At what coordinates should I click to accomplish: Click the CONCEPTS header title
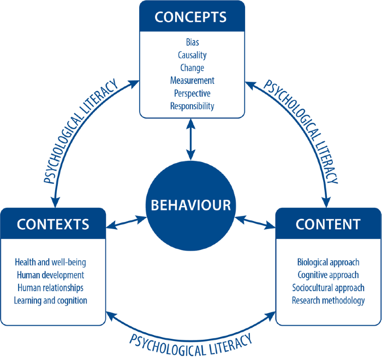pos(190,16)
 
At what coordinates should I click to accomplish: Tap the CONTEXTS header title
pos(53,224)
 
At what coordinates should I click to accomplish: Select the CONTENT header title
pos(328,224)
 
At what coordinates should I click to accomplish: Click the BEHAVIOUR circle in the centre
pos(190,206)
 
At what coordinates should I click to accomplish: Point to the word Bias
pos(192,42)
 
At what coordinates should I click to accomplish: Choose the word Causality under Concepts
pos(192,55)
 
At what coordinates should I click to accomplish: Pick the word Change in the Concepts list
pos(192,68)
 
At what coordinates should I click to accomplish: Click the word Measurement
pos(192,81)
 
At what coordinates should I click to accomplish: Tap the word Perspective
pos(192,93)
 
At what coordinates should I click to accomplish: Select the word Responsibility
pos(192,106)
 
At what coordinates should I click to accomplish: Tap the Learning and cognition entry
pos(51,300)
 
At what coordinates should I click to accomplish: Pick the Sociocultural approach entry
pos(328,287)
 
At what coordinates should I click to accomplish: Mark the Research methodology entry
pos(328,300)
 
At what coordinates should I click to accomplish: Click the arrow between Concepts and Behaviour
pos(190,139)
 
